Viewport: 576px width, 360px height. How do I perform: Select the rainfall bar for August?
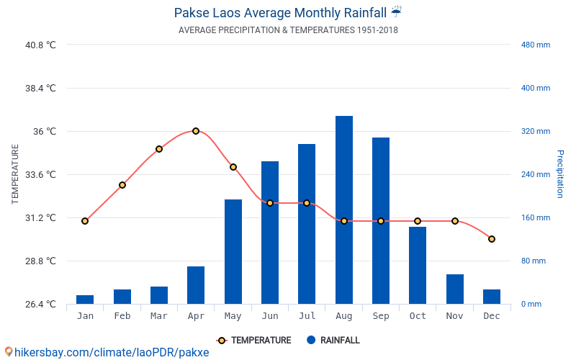pos(344,210)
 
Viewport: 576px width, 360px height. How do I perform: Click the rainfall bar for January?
pos(85,300)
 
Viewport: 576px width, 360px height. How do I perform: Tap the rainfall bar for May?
pos(233,251)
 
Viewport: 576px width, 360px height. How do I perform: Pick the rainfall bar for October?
pos(418,265)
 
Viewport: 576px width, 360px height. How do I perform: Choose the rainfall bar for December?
pos(492,297)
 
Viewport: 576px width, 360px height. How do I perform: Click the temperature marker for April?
pos(196,131)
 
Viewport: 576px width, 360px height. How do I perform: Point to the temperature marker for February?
pos(122,185)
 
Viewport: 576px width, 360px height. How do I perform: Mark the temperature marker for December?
pos(492,239)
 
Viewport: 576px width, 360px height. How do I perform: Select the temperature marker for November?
pos(455,221)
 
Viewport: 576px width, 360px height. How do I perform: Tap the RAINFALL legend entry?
pos(333,341)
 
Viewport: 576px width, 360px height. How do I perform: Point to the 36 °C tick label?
pos(42,131)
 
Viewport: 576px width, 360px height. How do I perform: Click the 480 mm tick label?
pos(535,45)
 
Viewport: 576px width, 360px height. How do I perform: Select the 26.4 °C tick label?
pos(40,304)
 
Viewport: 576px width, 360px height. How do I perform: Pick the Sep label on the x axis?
pos(381,316)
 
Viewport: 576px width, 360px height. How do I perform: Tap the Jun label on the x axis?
pos(270,316)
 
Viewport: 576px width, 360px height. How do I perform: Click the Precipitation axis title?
pos(559,174)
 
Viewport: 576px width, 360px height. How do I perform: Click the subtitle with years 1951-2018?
pos(288,30)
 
